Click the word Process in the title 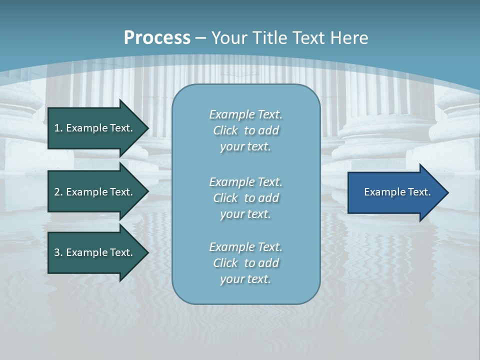tap(157, 37)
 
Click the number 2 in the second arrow tap(57, 192)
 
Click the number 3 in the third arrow tap(57, 252)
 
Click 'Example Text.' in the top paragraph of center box tap(245, 114)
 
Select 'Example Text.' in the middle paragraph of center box tap(245, 181)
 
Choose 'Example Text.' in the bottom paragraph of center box tap(245, 247)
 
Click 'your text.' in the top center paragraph tap(245, 147)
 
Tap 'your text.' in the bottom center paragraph tap(245, 279)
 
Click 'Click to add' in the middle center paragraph tap(245, 198)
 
